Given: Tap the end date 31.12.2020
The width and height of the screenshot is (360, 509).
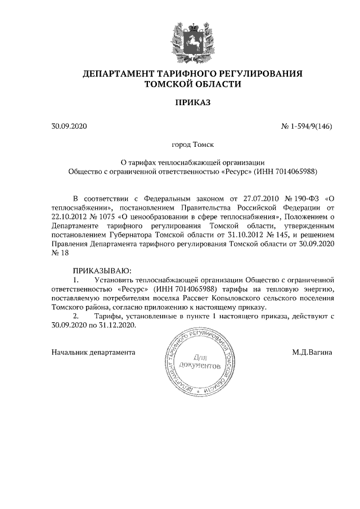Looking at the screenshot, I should point(117,326).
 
